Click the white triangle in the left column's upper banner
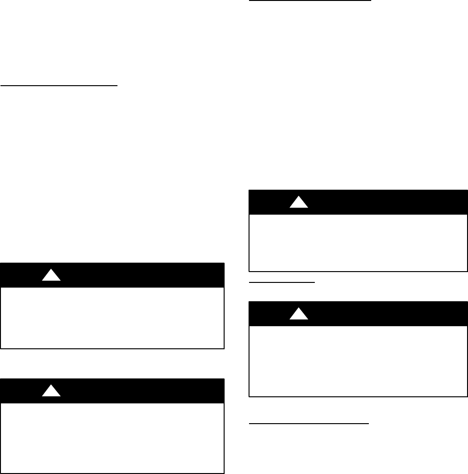pos(51,276)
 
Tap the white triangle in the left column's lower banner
pos(51,391)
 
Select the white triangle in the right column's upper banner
pos(298,202)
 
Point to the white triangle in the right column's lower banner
pos(298,314)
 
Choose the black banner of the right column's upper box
pos(376,202)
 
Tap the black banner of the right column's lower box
pos(376,314)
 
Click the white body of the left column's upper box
pos(112,318)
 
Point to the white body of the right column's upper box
pos(358,243)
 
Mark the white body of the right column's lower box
pos(358,361)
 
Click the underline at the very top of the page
pos(310,1)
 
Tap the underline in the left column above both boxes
pos(59,86)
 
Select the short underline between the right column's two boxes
pos(281,282)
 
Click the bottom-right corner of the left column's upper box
pos(224,348)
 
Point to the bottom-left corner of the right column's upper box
pos(249,271)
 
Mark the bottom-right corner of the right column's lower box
pos(467,396)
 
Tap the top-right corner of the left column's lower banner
pos(224,379)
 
